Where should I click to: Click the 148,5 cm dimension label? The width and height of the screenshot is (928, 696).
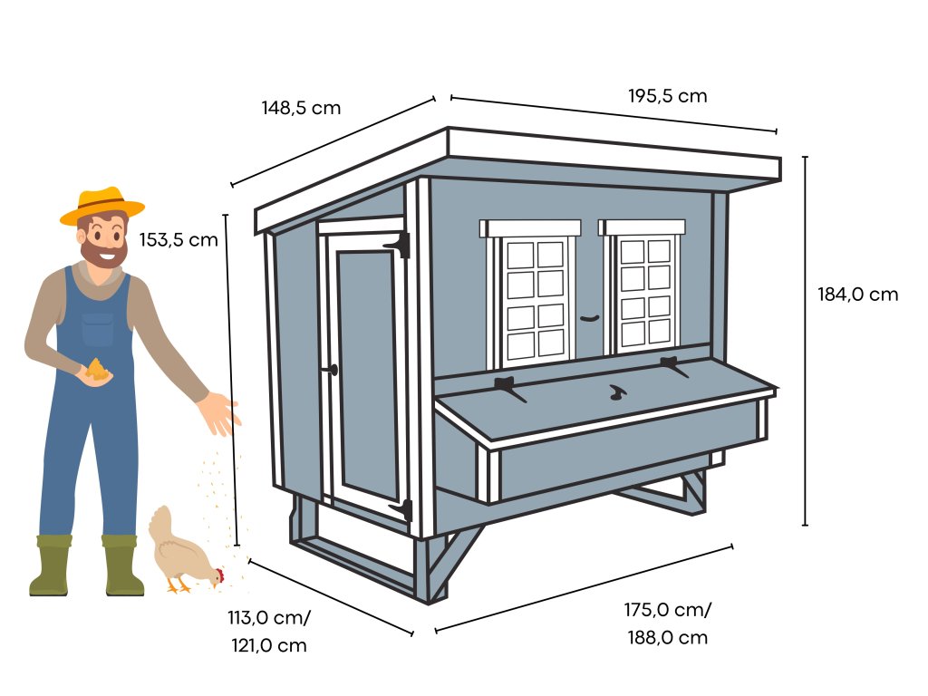[301, 108]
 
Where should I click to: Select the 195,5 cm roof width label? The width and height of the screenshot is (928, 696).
[667, 96]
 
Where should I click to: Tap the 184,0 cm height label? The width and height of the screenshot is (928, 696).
[857, 295]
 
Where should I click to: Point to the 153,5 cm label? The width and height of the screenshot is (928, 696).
[179, 240]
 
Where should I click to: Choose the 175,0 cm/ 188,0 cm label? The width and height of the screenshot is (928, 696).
[667, 623]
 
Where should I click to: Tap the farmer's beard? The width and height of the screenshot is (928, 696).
[101, 250]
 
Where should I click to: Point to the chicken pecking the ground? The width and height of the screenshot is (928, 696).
[184, 553]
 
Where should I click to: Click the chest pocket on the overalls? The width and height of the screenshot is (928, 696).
[97, 329]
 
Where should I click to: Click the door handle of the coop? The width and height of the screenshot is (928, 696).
[332, 370]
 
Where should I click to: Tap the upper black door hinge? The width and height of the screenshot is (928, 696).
[398, 244]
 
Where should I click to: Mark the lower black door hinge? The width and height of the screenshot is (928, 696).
[403, 509]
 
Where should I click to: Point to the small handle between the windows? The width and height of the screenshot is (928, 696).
[590, 318]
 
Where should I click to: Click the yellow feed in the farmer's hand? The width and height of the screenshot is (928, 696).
[97, 369]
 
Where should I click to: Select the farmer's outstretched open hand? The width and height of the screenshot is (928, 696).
[220, 412]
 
